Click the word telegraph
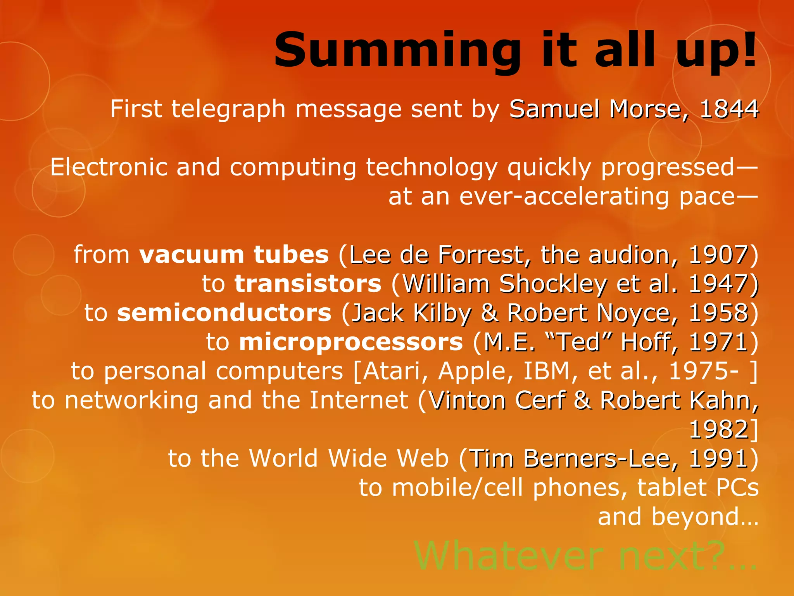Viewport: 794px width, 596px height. [228, 109]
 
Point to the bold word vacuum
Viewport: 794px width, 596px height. [192, 255]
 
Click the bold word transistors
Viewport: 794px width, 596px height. [308, 284]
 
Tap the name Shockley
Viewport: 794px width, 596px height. [552, 284]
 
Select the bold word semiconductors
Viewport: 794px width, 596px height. [224, 313]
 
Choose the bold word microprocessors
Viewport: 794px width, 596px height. [351, 342]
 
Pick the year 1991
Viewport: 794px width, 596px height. [718, 458]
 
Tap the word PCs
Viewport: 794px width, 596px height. [737, 487]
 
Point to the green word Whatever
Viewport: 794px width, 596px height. [508, 556]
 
